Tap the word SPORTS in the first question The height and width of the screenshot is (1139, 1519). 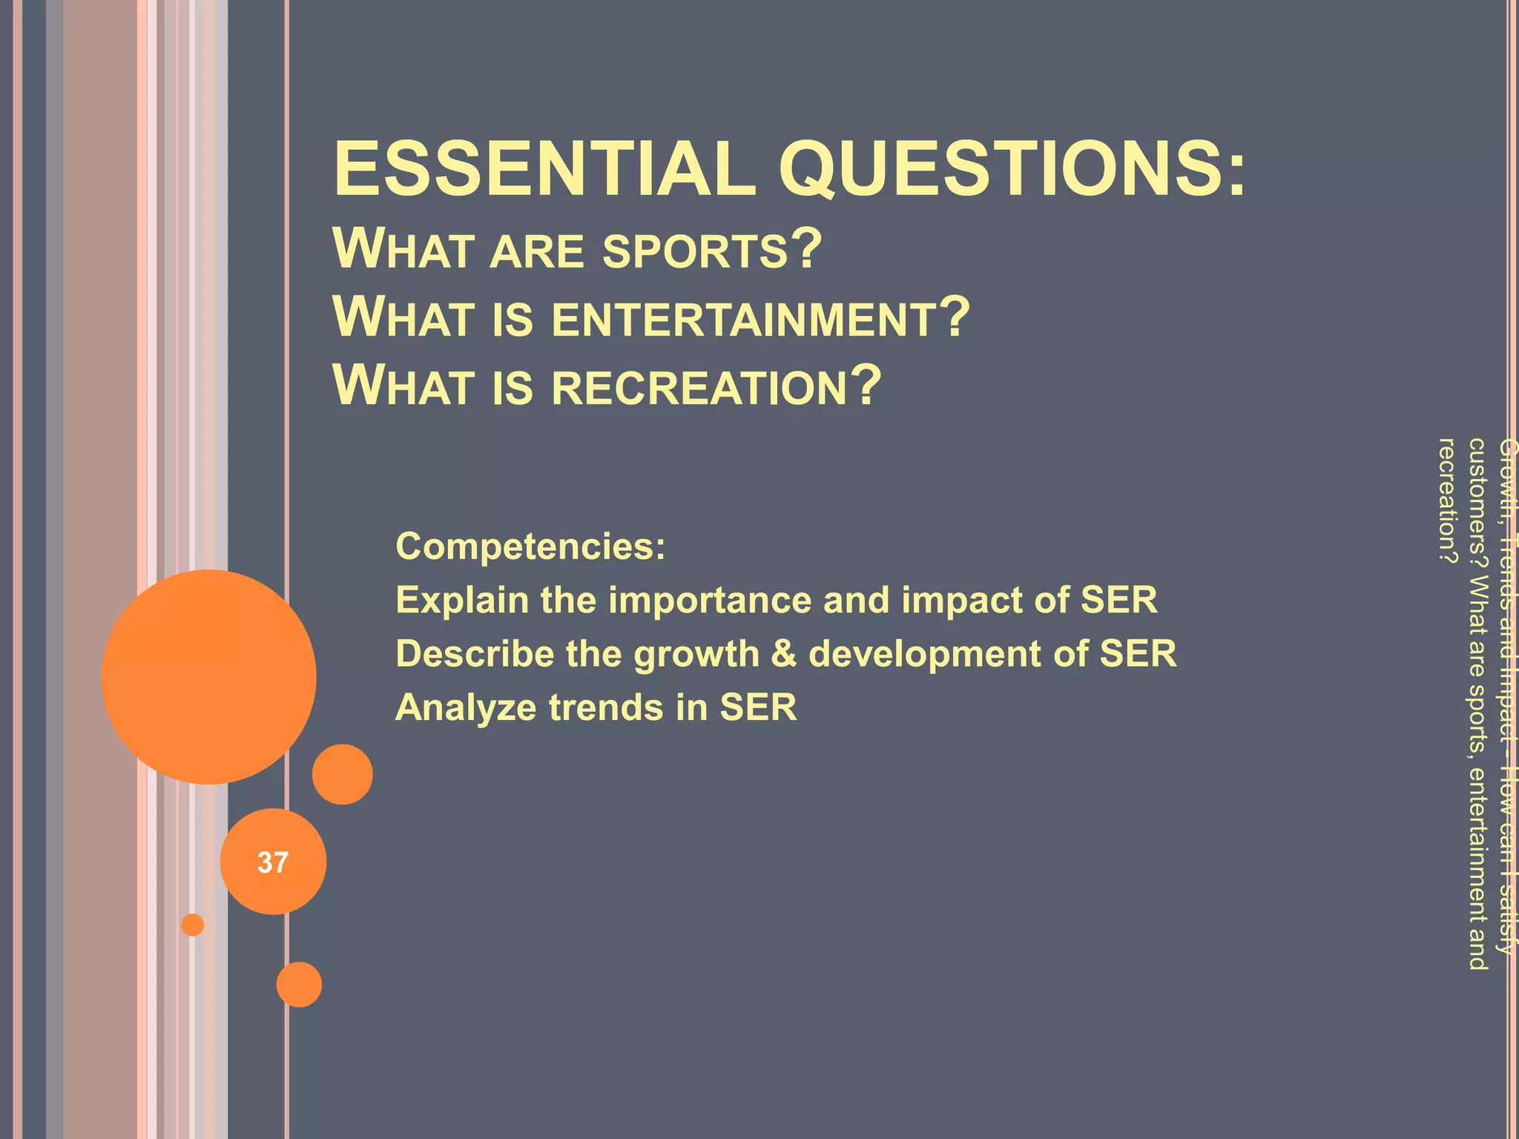click(694, 251)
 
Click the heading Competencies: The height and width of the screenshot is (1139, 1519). click(530, 547)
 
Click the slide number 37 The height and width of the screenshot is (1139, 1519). click(273, 862)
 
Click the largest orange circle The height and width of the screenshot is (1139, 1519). click(208, 676)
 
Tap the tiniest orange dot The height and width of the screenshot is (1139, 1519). click(193, 925)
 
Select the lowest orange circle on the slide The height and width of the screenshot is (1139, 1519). click(299, 984)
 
